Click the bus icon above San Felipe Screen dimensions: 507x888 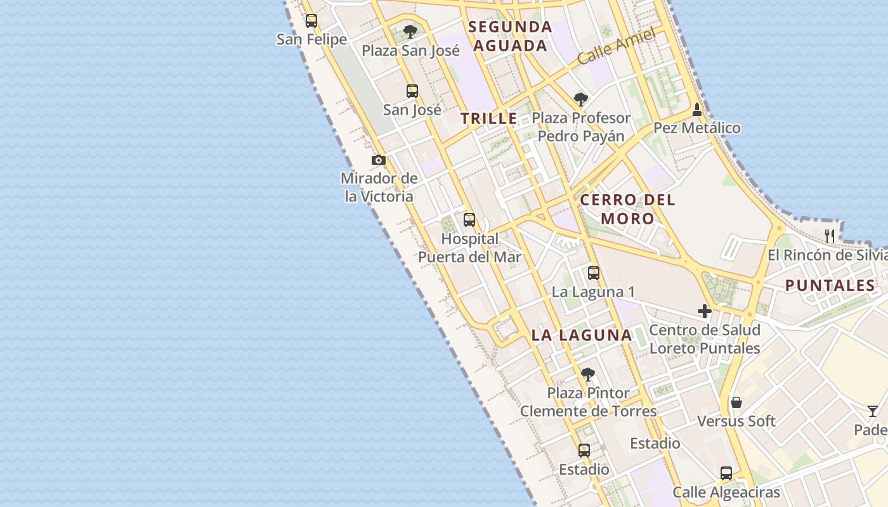point(311,21)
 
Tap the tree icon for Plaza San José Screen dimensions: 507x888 point(410,31)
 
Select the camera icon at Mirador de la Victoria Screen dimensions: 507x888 point(379,160)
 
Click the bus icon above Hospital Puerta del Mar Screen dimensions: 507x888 point(469,220)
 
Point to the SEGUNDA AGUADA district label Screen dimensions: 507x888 point(510,36)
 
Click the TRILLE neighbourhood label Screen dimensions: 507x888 point(489,119)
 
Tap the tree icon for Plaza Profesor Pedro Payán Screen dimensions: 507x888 point(580,99)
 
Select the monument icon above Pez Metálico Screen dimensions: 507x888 point(697,109)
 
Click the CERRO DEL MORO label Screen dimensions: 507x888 point(628,209)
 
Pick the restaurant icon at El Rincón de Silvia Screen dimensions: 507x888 point(830,236)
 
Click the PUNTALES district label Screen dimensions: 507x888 point(830,286)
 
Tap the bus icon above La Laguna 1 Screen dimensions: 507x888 point(594,273)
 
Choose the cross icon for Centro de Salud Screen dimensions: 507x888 point(705,311)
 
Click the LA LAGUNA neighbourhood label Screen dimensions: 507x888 point(582,335)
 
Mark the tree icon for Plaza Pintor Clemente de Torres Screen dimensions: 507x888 point(588,374)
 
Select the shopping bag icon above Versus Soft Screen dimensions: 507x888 point(736,402)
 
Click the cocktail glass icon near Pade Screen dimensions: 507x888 point(873,411)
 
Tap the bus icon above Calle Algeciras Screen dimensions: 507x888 point(726,473)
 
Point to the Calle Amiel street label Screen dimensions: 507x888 point(616,46)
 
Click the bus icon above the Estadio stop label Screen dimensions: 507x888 point(584,451)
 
